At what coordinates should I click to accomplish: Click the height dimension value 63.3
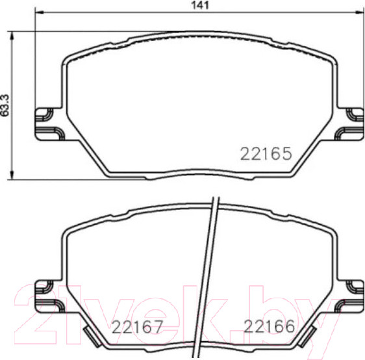pos(6,105)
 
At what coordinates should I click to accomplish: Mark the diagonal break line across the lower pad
pos(210,273)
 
